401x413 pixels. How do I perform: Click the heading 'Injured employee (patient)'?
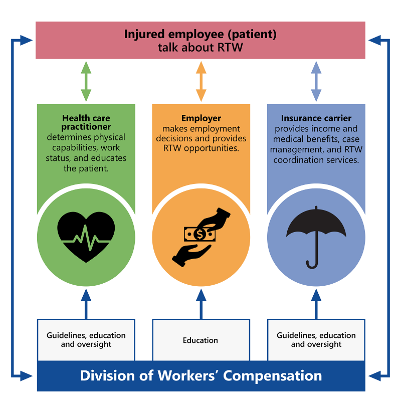[200, 35]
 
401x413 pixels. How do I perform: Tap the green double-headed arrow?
[86, 81]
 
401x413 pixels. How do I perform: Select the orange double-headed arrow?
[201, 81]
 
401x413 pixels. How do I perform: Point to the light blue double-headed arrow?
[316, 81]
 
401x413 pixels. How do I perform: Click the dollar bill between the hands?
[200, 234]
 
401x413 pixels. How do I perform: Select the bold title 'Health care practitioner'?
[86, 123]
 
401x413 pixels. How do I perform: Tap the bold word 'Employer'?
[201, 119]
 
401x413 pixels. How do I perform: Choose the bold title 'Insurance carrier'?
[316, 119]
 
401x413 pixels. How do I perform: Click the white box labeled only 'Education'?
[200, 340]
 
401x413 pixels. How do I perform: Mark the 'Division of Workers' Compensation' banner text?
[200, 375]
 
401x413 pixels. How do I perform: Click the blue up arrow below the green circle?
[86, 304]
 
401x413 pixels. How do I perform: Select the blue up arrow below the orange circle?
[201, 304]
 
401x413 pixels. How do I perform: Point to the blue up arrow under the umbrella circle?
[316, 304]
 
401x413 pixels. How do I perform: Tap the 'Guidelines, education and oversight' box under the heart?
[86, 340]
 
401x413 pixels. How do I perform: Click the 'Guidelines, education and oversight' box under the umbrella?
[316, 340]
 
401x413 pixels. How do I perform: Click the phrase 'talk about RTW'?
[200, 48]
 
